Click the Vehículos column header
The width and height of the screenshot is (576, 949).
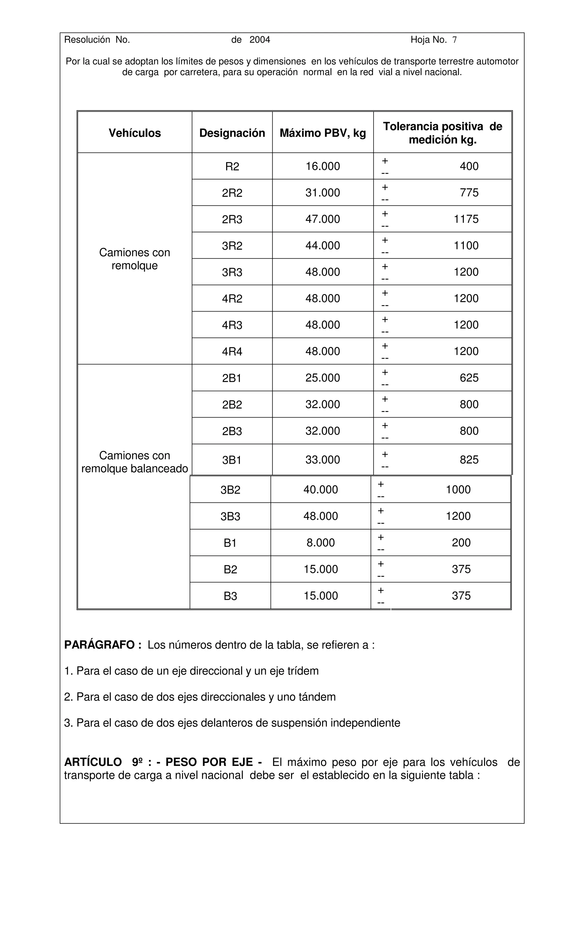pos(134,133)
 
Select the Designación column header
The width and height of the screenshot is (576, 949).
pos(232,133)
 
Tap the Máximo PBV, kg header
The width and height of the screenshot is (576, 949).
pos(323,133)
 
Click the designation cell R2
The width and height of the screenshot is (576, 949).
pos(232,166)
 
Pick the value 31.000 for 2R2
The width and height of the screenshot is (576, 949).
pos(323,192)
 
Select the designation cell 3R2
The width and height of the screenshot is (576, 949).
pos(232,246)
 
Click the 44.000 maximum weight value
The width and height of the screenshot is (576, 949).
pos(323,246)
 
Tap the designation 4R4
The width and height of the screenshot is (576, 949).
pos(232,351)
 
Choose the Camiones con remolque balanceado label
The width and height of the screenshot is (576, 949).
pos(134,462)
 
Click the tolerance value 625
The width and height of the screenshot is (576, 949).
pos(469,378)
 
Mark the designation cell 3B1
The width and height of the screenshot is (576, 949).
pos(232,460)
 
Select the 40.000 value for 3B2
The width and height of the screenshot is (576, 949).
pos(320,490)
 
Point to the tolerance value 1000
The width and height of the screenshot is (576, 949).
pos(458,490)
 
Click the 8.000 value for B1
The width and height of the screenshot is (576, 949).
pos(320,543)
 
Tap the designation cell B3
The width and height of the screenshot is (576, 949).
pos(230,596)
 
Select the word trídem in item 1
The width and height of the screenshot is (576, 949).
pos(303,671)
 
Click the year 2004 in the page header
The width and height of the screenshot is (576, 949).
pos(260,40)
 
